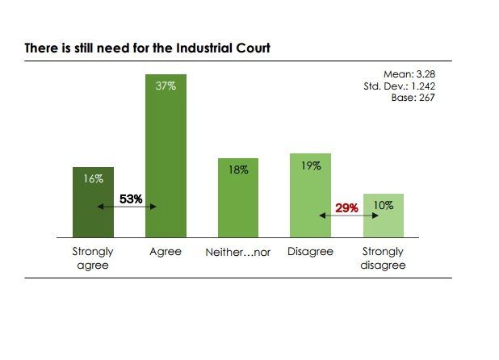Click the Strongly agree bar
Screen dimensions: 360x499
click(x=93, y=214)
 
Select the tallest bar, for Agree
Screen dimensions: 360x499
click(x=166, y=161)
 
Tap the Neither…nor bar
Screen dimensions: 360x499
click(x=238, y=202)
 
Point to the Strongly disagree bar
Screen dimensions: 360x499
click(x=383, y=222)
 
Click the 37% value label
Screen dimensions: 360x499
click(x=166, y=85)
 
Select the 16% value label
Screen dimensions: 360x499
click(x=94, y=178)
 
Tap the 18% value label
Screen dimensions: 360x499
click(x=238, y=170)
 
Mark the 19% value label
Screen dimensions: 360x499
click(x=311, y=165)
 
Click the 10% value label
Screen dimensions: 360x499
click(x=384, y=206)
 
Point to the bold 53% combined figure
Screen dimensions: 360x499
click(x=131, y=199)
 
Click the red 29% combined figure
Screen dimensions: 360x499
click(x=347, y=207)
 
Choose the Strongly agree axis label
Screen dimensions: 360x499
click(x=93, y=258)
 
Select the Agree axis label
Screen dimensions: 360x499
click(x=166, y=252)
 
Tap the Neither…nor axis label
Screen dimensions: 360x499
click(x=238, y=252)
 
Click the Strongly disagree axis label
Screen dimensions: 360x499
click(x=383, y=258)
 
